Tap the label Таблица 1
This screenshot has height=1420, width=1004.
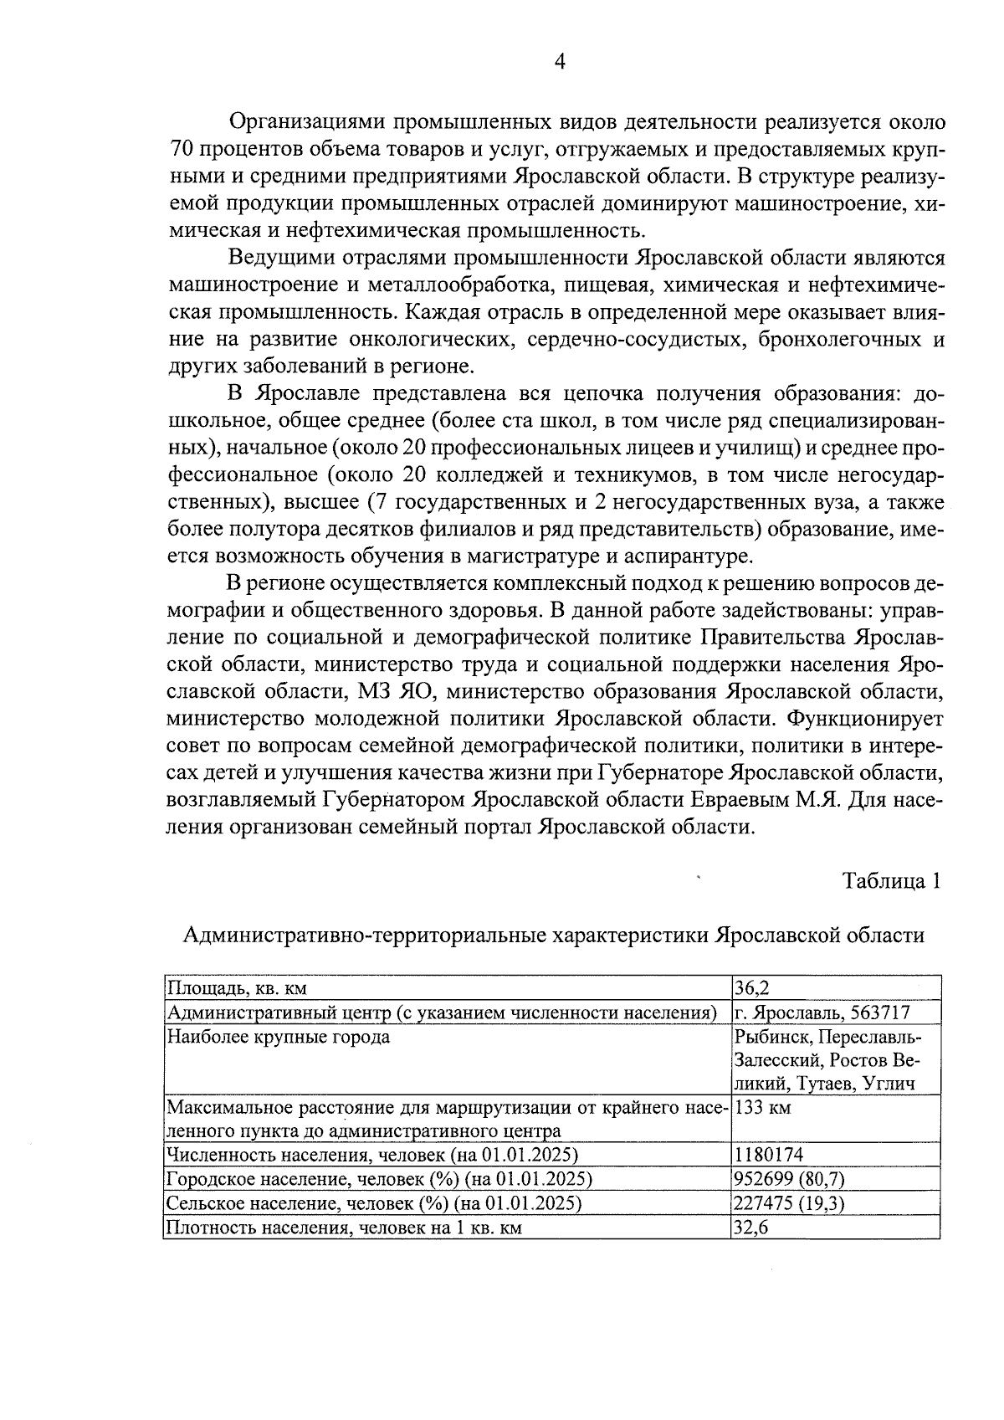coord(892,881)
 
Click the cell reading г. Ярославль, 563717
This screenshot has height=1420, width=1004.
coord(822,1012)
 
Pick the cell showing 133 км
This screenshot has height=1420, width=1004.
coord(762,1108)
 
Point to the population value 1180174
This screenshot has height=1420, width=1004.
coord(768,1156)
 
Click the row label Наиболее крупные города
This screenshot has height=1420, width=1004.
coord(278,1037)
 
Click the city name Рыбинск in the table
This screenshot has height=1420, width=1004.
coord(771,1037)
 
